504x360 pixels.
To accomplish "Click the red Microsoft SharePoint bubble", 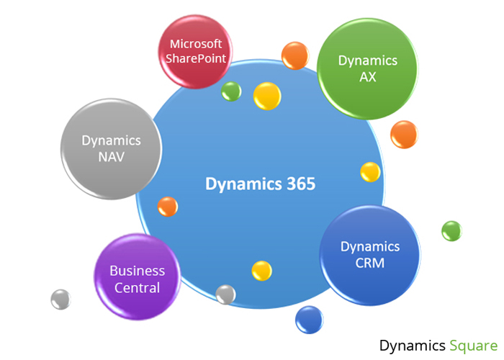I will pyautogui.click(x=194, y=51).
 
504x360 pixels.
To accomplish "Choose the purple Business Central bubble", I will pyautogui.click(x=137, y=279).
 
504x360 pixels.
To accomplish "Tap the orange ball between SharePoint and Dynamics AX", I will pyautogui.click(x=294, y=55).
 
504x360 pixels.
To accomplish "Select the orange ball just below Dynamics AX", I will pyautogui.click(x=403, y=134).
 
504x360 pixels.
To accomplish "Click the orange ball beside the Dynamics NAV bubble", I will pyautogui.click(x=167, y=207).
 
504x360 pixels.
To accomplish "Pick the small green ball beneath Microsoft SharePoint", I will pyautogui.click(x=231, y=91).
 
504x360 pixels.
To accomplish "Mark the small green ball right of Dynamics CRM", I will pyautogui.click(x=451, y=230).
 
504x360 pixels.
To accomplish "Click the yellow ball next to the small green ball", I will pyautogui.click(x=267, y=96).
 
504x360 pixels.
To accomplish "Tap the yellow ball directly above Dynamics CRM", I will pyautogui.click(x=370, y=172).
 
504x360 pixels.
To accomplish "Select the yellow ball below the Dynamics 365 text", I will pyautogui.click(x=261, y=270).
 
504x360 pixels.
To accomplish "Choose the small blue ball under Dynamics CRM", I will pyautogui.click(x=309, y=319).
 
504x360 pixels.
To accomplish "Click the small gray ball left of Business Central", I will pyautogui.click(x=60, y=299).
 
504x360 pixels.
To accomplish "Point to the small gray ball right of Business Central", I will pyautogui.click(x=225, y=294).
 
